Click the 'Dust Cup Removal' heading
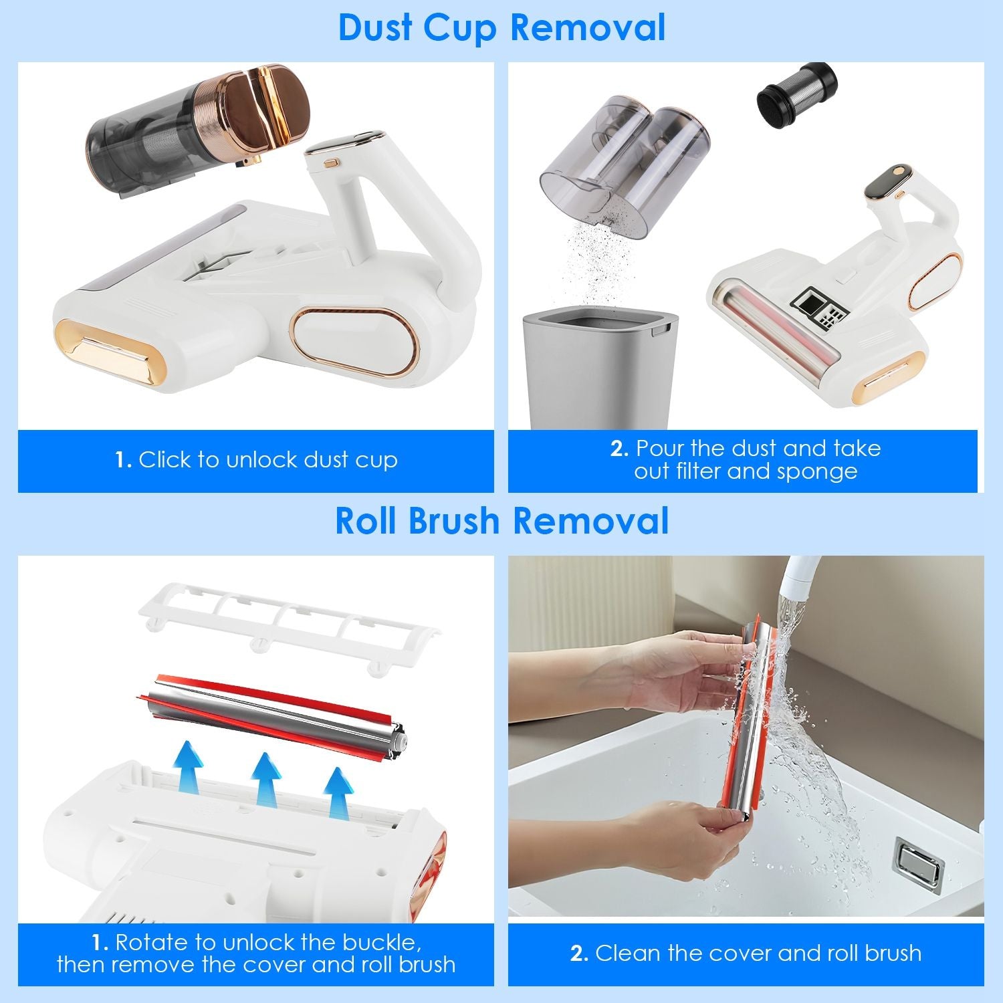pyautogui.click(x=501, y=28)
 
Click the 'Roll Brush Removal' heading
pyautogui.click(x=501, y=522)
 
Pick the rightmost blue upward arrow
pyautogui.click(x=339, y=792)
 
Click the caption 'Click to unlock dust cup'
pyautogui.click(x=256, y=461)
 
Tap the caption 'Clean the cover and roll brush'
pyautogui.click(x=746, y=953)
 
